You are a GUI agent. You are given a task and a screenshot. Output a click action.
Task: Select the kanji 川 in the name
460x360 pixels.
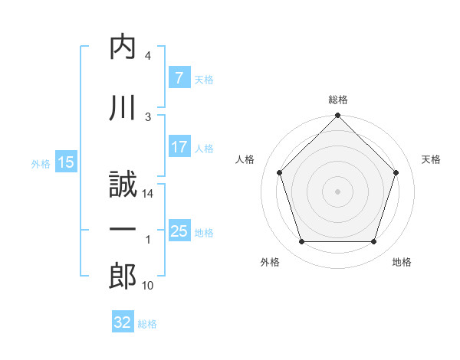click(x=123, y=107)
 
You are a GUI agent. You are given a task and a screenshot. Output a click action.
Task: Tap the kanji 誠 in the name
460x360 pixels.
click(x=123, y=184)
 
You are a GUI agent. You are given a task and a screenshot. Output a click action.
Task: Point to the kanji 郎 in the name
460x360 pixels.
click(x=123, y=276)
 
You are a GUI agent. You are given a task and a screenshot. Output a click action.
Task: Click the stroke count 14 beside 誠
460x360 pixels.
click(x=147, y=194)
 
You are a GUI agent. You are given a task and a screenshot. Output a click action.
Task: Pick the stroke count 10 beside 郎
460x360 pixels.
click(x=147, y=286)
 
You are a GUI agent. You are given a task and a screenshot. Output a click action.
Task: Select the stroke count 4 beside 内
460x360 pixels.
click(x=148, y=56)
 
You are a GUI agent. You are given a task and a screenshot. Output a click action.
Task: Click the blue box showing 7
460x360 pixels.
click(x=180, y=77)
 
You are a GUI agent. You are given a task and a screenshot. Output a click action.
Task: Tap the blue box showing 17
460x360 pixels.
click(x=180, y=146)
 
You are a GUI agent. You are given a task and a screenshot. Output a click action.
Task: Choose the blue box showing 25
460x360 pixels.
click(x=180, y=230)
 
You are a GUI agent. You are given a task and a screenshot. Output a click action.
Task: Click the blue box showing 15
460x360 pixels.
click(x=66, y=162)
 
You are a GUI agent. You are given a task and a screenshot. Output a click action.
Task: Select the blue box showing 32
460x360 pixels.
click(x=123, y=321)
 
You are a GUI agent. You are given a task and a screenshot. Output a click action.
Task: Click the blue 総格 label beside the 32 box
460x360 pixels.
click(x=147, y=324)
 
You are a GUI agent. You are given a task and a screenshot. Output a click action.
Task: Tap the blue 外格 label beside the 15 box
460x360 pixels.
click(x=41, y=164)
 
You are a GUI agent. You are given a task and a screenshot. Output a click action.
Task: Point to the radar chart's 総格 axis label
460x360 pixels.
click(x=338, y=100)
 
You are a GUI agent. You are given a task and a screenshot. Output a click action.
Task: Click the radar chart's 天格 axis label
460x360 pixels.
click(x=431, y=159)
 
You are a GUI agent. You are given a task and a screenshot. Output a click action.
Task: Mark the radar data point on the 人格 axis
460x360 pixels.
click(x=280, y=172)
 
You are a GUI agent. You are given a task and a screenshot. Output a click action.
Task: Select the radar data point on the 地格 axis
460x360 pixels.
click(x=374, y=242)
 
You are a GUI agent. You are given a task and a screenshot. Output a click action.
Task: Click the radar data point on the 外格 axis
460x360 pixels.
click(x=302, y=242)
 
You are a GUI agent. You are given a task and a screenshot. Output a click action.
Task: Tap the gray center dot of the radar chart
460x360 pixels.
click(x=337, y=191)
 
